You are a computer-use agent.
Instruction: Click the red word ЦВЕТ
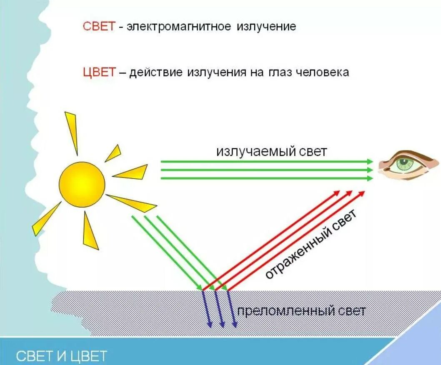click(x=98, y=72)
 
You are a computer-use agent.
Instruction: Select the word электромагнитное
click(x=179, y=27)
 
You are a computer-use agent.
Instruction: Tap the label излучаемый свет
click(x=271, y=151)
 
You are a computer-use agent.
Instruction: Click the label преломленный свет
click(x=301, y=311)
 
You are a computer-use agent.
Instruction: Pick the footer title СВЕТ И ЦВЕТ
click(x=62, y=356)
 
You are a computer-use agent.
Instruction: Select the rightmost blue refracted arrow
click(x=233, y=308)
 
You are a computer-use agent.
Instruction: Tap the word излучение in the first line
click(x=267, y=27)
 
